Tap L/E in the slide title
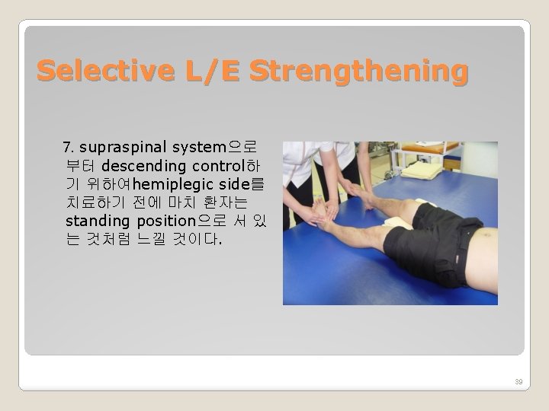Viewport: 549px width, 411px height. click(207, 71)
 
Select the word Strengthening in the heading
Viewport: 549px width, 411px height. click(357, 71)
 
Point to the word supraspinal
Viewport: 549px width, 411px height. click(123, 146)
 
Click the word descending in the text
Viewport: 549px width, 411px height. click(144, 165)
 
